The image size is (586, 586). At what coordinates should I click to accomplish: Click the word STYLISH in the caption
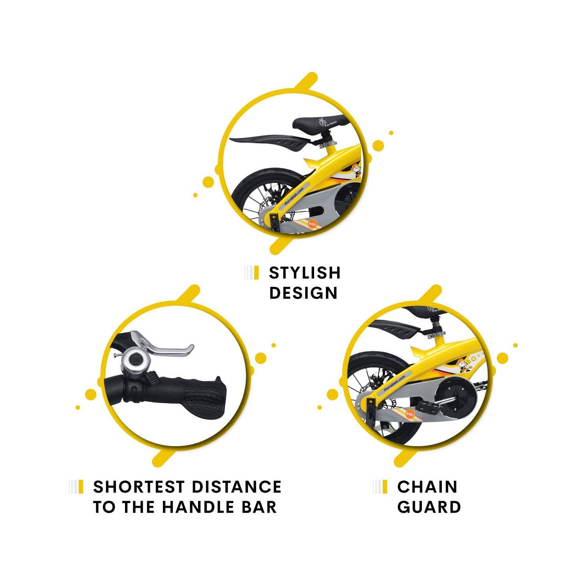click(x=305, y=273)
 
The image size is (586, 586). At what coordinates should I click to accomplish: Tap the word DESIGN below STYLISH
click(x=303, y=293)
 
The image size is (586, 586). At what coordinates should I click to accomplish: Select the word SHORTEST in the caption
click(x=139, y=487)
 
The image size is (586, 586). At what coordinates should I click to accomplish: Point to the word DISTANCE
click(x=237, y=487)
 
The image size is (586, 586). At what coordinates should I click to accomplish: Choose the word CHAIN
click(x=427, y=487)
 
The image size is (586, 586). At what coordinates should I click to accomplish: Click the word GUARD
click(x=429, y=507)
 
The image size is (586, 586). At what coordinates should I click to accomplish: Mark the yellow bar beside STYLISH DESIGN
click(x=256, y=273)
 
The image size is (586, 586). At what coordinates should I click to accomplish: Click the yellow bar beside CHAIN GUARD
click(x=385, y=487)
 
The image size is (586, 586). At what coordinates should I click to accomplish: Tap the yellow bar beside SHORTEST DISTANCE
click(x=81, y=487)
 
